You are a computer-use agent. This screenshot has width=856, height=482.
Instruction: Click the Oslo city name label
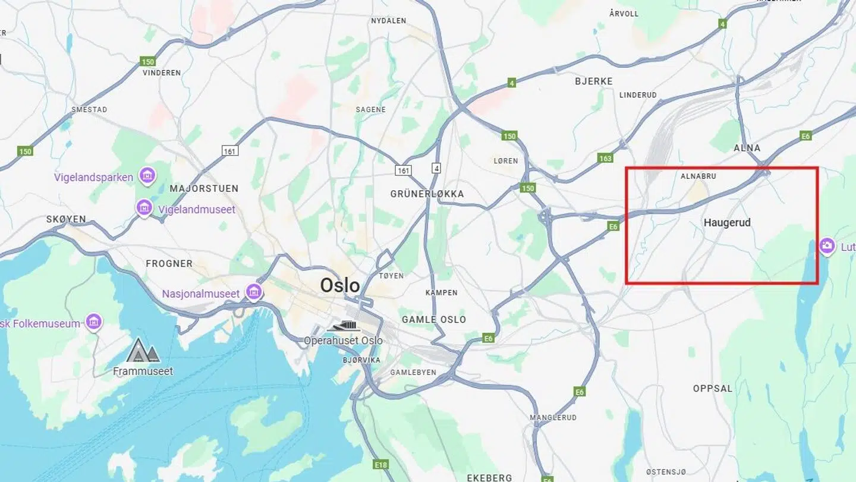340,285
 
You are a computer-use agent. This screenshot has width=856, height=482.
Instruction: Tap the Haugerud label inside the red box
727,223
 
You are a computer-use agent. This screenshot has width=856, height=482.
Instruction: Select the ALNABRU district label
698,177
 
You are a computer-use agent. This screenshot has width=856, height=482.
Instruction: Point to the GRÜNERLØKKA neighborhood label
427,194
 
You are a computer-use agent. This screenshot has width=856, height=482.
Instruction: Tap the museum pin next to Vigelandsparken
147,175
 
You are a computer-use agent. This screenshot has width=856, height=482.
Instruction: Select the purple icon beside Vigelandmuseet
144,207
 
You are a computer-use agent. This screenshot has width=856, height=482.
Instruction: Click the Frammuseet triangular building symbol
143,351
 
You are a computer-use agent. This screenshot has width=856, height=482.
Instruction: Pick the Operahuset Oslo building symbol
343,326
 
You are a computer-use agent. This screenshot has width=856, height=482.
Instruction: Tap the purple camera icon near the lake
827,245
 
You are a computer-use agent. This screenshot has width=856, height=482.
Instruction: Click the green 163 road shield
605,158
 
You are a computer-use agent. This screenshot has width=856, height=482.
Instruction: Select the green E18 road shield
381,464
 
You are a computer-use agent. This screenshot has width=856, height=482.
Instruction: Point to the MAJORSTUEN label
204,188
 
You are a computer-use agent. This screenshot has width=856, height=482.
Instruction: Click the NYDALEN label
388,21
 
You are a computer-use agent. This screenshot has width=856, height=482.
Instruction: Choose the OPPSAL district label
713,389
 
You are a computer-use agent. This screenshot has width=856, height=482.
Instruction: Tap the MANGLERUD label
553,418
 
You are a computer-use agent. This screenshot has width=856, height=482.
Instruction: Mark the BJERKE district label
593,81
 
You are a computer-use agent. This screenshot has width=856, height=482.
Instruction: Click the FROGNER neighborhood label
169,263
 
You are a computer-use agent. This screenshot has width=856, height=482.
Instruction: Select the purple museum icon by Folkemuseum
93,322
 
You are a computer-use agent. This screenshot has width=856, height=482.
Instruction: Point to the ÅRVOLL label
624,13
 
